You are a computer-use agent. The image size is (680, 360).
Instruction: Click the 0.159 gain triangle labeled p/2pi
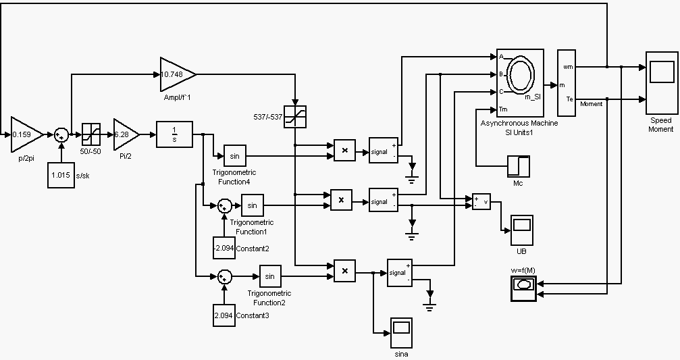(x=26, y=134)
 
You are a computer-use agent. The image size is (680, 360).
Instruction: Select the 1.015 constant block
(x=61, y=176)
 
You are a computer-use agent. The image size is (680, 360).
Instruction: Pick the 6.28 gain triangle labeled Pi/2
(x=125, y=134)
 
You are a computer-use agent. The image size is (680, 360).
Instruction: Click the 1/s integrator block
(x=174, y=134)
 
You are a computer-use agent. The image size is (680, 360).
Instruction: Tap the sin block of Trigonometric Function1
(x=253, y=205)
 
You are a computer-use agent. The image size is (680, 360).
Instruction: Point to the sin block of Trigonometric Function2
(x=269, y=276)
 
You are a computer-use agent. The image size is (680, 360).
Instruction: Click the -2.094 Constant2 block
(x=224, y=249)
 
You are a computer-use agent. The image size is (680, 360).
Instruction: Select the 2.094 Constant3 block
(x=224, y=315)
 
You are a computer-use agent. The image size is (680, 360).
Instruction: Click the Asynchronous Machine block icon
(x=521, y=83)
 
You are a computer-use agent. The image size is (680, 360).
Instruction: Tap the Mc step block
(x=519, y=166)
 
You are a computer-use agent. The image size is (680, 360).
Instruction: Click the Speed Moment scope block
(x=661, y=82)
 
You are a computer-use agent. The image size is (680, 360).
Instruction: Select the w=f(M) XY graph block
(x=523, y=286)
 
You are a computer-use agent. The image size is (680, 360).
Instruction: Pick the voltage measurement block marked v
(x=481, y=201)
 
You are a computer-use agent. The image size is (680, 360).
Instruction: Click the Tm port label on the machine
(x=503, y=109)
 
